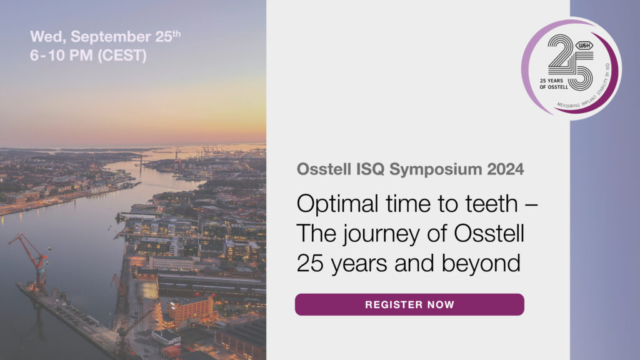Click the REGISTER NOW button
coord(409,305)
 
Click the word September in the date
coord(101,37)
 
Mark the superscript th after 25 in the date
coord(177,33)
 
